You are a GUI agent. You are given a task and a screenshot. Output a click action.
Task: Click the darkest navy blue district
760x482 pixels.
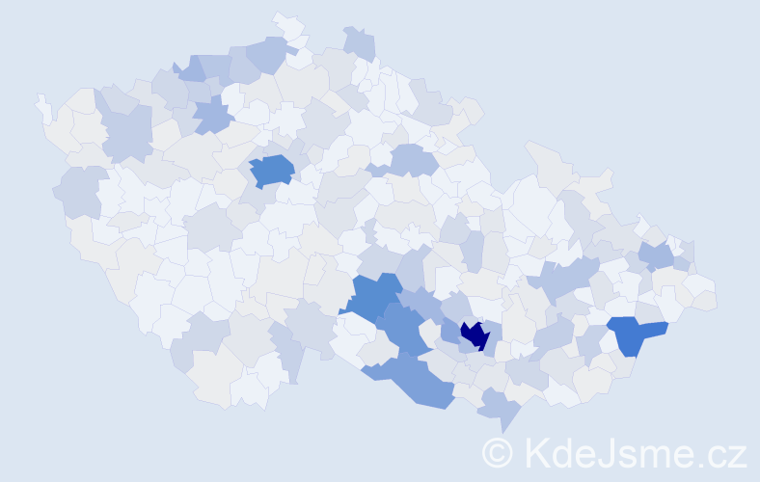[x=475, y=335]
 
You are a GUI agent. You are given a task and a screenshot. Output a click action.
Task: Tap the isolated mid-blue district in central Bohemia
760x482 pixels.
[x=271, y=170]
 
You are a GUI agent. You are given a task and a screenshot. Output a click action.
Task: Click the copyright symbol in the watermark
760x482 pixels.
[x=498, y=452]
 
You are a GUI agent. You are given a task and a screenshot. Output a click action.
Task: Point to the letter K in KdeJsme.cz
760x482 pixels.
[x=538, y=452]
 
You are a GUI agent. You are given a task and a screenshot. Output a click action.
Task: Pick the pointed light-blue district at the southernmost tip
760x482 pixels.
[x=499, y=410]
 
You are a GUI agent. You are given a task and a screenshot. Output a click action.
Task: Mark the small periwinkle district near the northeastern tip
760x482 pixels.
[x=657, y=255]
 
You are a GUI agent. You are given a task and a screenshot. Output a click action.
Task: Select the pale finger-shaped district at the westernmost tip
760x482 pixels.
[x=42, y=106]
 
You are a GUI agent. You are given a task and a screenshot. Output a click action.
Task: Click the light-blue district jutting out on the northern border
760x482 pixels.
[x=359, y=43]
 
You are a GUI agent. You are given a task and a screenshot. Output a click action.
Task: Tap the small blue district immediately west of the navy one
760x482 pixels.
[x=449, y=331]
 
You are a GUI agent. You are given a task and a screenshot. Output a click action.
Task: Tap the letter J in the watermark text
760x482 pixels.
[x=617, y=452]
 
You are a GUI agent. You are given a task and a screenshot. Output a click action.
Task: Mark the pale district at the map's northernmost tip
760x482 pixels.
[x=287, y=24]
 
